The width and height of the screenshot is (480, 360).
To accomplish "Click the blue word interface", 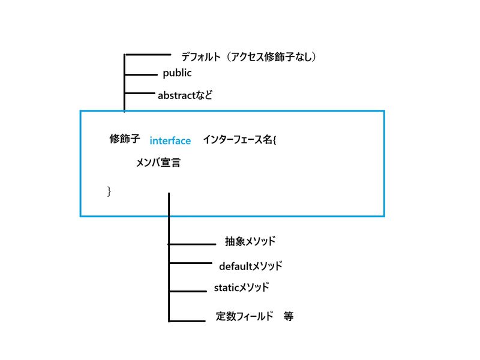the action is pyautogui.click(x=170, y=140).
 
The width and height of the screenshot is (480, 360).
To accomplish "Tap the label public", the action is pyautogui.click(x=177, y=73).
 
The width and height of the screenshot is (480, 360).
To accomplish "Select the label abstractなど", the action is pyautogui.click(x=185, y=95).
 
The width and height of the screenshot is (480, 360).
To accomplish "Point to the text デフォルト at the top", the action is pyautogui.click(x=201, y=56).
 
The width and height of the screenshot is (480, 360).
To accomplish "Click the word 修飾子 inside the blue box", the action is pyautogui.click(x=125, y=139).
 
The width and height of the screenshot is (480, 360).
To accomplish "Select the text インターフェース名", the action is pyautogui.click(x=238, y=140).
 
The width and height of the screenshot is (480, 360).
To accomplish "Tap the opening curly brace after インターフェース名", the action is pyautogui.click(x=275, y=140).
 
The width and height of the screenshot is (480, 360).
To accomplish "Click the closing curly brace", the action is pyautogui.click(x=109, y=191).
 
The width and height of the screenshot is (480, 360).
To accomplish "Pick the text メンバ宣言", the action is pyautogui.click(x=158, y=162).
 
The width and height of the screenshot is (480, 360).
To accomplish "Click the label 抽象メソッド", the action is pyautogui.click(x=250, y=241).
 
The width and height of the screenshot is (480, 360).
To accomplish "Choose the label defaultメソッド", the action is pyautogui.click(x=251, y=266).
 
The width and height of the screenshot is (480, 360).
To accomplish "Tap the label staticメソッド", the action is pyautogui.click(x=242, y=287).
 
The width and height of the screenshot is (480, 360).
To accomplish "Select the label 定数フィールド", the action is pyautogui.click(x=244, y=316).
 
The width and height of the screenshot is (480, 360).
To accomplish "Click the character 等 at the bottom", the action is pyautogui.click(x=289, y=316).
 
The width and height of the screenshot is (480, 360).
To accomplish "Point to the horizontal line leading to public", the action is pyautogui.click(x=141, y=74).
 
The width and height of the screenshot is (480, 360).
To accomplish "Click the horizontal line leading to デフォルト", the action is pyautogui.click(x=148, y=55).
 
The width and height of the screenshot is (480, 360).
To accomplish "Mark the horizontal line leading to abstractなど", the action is pyautogui.click(x=140, y=93).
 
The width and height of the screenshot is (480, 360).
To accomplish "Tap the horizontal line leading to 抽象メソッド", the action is pyautogui.click(x=192, y=244).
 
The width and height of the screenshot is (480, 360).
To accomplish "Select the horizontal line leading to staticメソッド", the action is pyautogui.click(x=188, y=291).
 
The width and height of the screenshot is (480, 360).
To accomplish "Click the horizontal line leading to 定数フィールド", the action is pyautogui.click(x=187, y=321).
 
